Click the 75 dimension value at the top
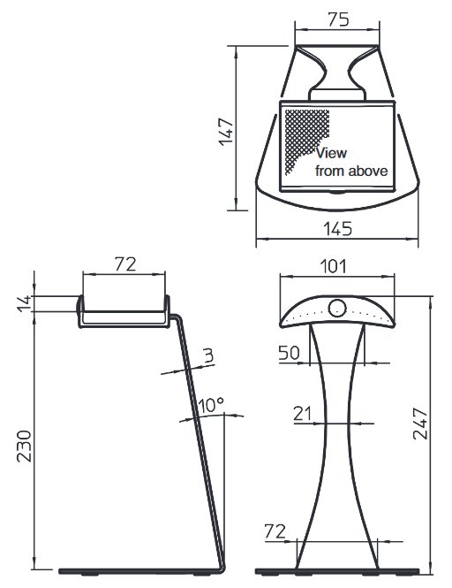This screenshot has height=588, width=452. click(338, 19)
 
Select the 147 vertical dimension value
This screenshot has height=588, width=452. click(226, 132)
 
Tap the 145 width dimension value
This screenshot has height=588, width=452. click(338, 228)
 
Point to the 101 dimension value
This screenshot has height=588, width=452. click(334, 266)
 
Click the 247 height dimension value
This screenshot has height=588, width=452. click(420, 424)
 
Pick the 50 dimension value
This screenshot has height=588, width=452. click(289, 353)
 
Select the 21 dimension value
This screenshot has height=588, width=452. click(302, 414)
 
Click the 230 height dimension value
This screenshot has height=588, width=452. click(25, 446)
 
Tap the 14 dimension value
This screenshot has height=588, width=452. click(24, 303)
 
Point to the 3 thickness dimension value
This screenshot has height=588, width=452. click(208, 355)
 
